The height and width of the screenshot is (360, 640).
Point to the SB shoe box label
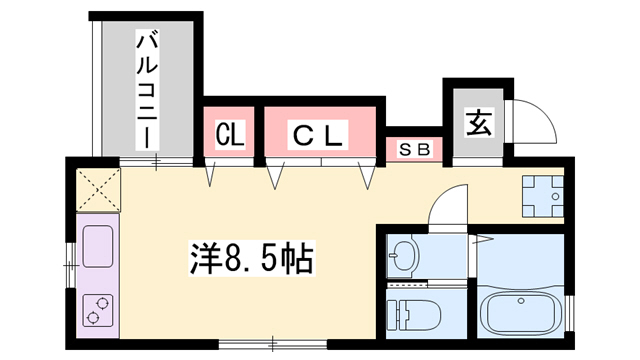tap(414, 150)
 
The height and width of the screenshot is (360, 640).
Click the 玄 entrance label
tap(477, 125)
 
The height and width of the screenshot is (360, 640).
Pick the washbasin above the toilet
tap(404, 257)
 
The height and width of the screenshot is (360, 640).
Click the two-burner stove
tap(98, 310)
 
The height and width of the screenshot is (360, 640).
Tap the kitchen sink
tap(97, 246)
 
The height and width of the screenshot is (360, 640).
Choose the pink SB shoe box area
tap(414, 150)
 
